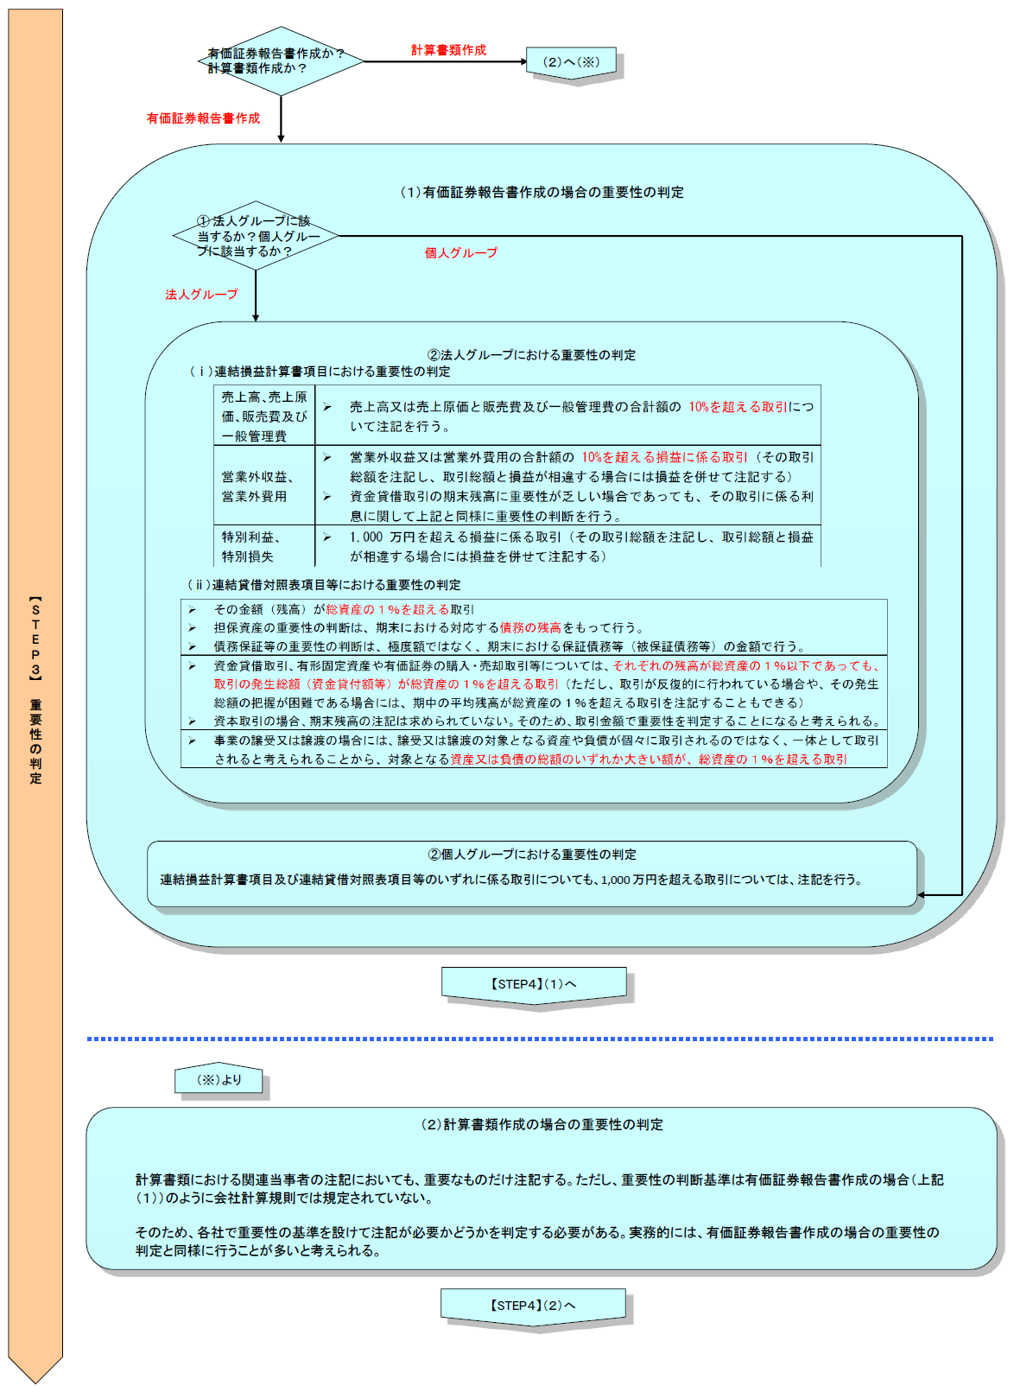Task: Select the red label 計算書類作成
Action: [x=448, y=50]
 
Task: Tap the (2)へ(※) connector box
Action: [x=571, y=62]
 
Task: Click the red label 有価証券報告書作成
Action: [x=203, y=118]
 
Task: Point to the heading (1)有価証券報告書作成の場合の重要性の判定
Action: [x=542, y=192]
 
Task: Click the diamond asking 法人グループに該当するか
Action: [x=257, y=236]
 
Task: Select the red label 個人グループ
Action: [x=461, y=253]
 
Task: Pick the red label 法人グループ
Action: [x=201, y=295]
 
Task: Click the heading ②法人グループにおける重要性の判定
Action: [x=531, y=354]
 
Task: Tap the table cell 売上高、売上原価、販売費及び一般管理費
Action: [x=264, y=416]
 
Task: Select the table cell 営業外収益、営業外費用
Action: [x=258, y=486]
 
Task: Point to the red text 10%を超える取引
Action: [x=738, y=407]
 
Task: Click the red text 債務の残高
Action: [x=530, y=628]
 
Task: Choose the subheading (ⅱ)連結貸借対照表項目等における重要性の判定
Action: [x=324, y=585]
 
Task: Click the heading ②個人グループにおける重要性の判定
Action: [x=532, y=855]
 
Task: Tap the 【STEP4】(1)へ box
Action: [x=534, y=984]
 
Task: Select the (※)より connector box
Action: [x=219, y=1080]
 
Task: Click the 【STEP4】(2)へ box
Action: [x=533, y=1306]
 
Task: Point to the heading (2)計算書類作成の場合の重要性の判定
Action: [x=542, y=1124]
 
